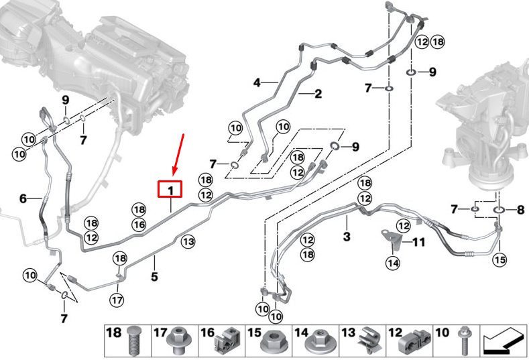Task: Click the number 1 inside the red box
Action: click(170, 190)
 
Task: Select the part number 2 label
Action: click(318, 94)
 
